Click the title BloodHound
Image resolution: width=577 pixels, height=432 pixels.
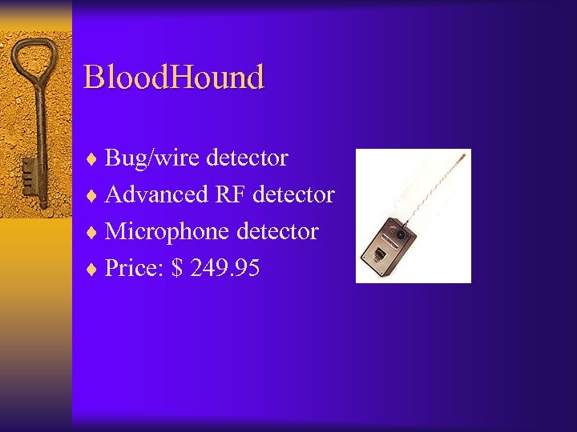pos(174,78)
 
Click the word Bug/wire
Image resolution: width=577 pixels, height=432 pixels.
pos(153,158)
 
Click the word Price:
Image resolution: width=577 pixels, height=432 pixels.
pos(134,269)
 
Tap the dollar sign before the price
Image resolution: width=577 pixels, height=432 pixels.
pos(176,269)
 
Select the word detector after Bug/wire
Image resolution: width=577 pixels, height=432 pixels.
pos(247,158)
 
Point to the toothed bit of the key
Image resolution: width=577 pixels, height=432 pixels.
pos(29,172)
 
